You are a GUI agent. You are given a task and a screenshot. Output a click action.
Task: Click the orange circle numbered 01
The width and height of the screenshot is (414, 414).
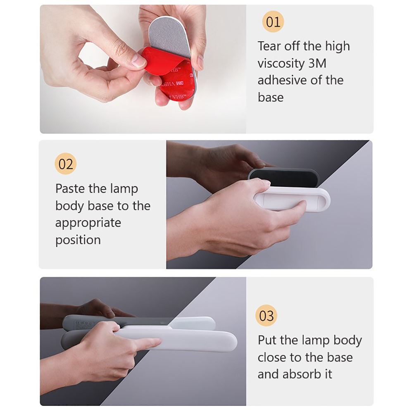273,21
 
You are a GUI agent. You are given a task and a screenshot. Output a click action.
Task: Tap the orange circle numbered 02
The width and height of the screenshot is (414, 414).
65,164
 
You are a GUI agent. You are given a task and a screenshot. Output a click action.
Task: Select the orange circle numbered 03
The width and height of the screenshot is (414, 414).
266,316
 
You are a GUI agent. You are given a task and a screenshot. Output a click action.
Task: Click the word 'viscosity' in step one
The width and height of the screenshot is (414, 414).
281,64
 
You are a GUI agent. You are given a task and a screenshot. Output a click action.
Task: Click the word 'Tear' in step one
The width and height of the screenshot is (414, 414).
269,46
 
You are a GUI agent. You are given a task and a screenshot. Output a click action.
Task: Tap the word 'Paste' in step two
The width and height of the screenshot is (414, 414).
70,188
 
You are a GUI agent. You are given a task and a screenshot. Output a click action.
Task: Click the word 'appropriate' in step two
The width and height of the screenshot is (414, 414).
88,224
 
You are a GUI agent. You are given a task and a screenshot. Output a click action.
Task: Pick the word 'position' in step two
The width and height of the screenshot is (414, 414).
78,240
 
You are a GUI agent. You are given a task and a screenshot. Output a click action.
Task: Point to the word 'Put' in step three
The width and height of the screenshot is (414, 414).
267,340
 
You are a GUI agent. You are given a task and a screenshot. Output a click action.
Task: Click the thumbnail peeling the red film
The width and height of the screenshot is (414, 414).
138,61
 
